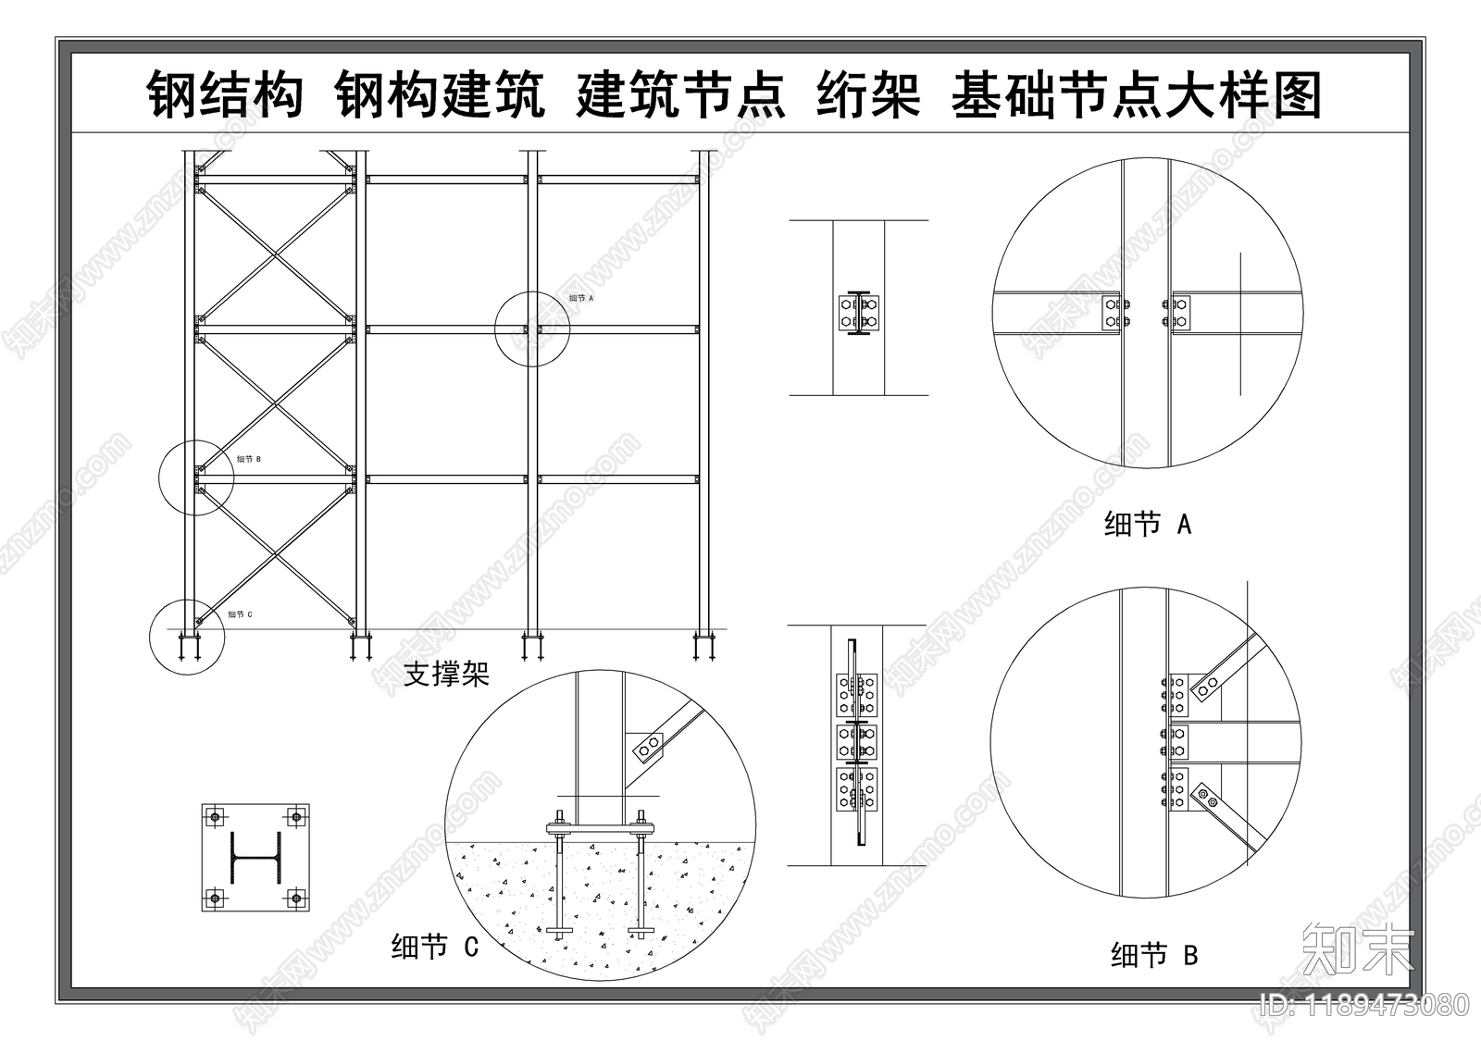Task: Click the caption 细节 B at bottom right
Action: pyautogui.click(x=1154, y=954)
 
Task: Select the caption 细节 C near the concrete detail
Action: pyautogui.click(x=434, y=947)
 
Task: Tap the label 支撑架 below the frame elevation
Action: pyautogui.click(x=446, y=674)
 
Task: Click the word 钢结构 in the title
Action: pyautogui.click(x=226, y=95)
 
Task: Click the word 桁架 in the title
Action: pyautogui.click(x=868, y=95)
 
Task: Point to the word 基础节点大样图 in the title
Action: pyautogui.click(x=1136, y=95)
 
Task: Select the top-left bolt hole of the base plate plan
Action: pyautogui.click(x=216, y=816)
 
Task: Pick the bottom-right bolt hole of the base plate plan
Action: pyautogui.click(x=295, y=897)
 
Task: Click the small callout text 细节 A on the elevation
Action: pyautogui.click(x=581, y=298)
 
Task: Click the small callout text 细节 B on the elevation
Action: pyautogui.click(x=248, y=459)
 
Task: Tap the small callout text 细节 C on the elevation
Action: pyautogui.click(x=240, y=614)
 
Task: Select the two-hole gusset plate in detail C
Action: pyautogui.click(x=645, y=746)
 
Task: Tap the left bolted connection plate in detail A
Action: pyautogui.click(x=1113, y=312)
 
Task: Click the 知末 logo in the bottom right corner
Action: pyautogui.click(x=1358, y=948)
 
